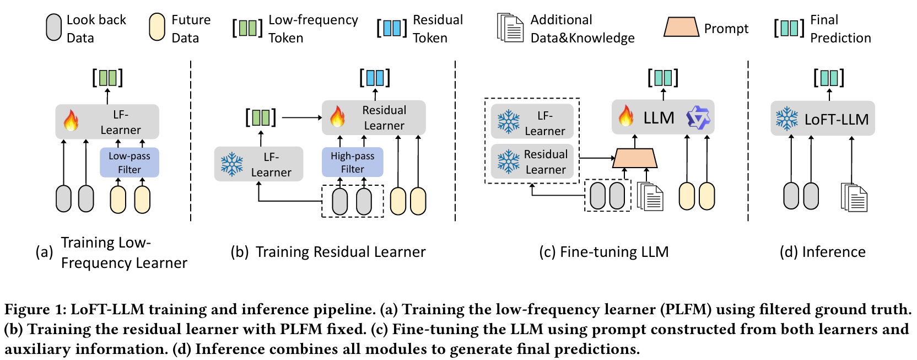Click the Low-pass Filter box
(x=130, y=162)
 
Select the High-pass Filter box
(x=353, y=162)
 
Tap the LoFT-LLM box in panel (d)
(x=822, y=119)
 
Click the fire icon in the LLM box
(x=626, y=116)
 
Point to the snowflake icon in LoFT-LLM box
(x=787, y=119)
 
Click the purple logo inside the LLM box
(x=698, y=117)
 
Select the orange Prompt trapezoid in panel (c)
(x=635, y=158)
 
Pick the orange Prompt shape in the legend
(x=681, y=27)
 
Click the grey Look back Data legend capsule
(x=53, y=28)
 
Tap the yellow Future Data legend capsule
(x=157, y=28)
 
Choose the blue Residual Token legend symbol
(x=392, y=28)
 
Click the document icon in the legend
(x=510, y=28)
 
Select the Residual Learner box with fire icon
(x=374, y=117)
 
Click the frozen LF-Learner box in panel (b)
(x=258, y=164)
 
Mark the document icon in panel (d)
(x=854, y=197)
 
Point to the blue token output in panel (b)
(x=375, y=78)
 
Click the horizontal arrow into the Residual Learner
(x=302, y=117)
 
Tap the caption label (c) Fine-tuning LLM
(x=604, y=251)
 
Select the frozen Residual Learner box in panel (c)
(x=532, y=162)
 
